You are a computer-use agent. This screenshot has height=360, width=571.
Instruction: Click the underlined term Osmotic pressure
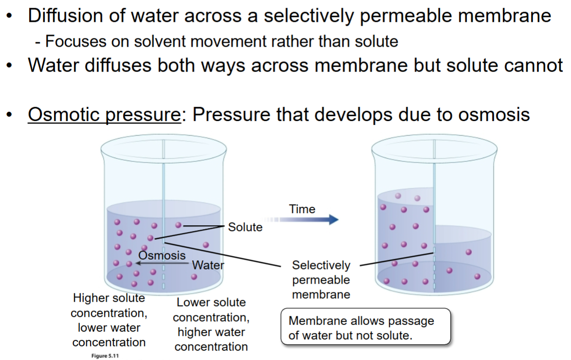point(104,115)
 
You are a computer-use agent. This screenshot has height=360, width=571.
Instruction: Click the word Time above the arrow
point(302,209)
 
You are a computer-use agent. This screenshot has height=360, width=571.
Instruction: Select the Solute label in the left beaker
point(245,227)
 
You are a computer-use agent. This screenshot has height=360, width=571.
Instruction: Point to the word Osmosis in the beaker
point(162,255)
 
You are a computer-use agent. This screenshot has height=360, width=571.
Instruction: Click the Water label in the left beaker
point(208,265)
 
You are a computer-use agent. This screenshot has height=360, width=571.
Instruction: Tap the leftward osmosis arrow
point(161,264)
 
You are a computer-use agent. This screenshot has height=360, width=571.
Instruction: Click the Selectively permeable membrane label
point(321,280)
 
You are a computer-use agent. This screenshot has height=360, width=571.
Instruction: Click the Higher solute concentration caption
point(109,320)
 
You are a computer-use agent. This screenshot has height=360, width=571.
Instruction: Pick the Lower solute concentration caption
point(211,324)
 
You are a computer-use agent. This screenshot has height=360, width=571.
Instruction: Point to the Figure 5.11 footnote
point(103,356)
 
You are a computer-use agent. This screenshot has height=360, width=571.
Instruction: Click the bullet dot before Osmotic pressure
point(9,116)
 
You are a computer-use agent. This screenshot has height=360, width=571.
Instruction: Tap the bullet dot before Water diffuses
point(9,65)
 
